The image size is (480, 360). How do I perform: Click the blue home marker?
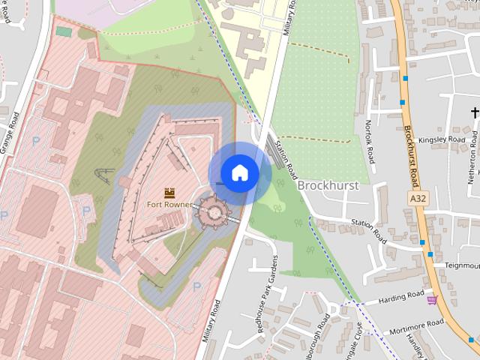click(239, 173)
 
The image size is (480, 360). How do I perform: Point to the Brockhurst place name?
click(328, 184)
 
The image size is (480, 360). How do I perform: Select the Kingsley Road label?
click(442, 139)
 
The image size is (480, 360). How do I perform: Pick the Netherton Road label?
click(472, 162)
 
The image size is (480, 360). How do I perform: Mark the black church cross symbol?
click(475, 113)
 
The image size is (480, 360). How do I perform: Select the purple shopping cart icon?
click(431, 300)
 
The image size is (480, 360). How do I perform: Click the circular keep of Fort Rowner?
click(212, 213)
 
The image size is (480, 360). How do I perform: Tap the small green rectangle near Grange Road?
click(64, 32)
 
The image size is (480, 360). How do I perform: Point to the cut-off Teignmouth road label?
click(460, 265)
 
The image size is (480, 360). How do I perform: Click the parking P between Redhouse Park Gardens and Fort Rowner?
click(197, 286)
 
